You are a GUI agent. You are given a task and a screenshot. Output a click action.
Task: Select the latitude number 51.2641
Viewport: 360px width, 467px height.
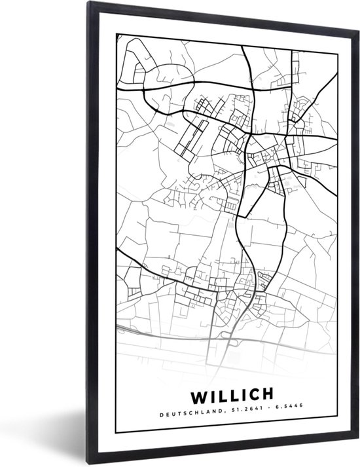[245, 413]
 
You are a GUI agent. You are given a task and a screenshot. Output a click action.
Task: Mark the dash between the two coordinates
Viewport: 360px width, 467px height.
[268, 413]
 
